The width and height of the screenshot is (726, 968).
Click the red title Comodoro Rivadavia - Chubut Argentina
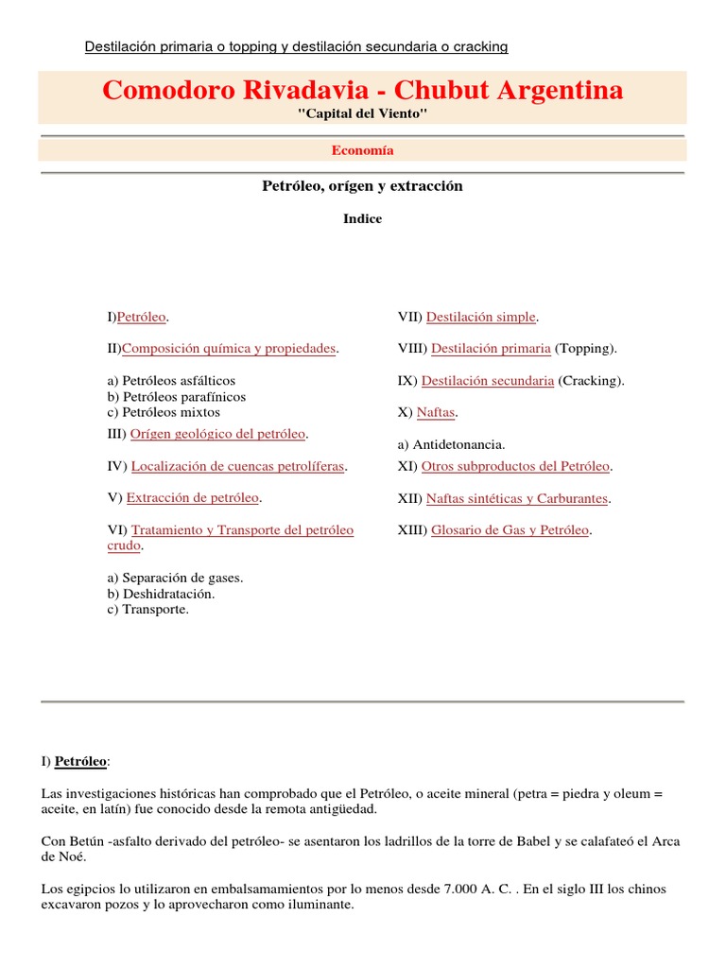(x=362, y=91)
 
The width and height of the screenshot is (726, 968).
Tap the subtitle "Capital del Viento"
(x=362, y=113)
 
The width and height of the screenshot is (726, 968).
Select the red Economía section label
(x=362, y=149)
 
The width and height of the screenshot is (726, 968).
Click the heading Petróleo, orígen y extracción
(x=362, y=186)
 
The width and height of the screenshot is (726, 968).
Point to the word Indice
(x=362, y=218)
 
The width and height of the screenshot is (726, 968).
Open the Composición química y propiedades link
(x=229, y=349)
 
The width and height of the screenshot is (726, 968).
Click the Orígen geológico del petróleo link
(x=217, y=434)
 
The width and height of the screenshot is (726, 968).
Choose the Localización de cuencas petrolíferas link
(x=237, y=467)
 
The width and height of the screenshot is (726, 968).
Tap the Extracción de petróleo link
(x=193, y=497)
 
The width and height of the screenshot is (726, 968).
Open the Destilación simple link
(x=480, y=317)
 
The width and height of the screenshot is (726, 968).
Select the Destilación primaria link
(x=491, y=349)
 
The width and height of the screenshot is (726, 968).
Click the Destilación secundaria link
(x=487, y=381)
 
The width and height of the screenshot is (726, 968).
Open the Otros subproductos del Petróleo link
(x=515, y=467)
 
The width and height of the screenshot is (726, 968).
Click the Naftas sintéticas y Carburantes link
(x=516, y=498)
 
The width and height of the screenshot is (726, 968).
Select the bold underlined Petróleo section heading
(x=80, y=760)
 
